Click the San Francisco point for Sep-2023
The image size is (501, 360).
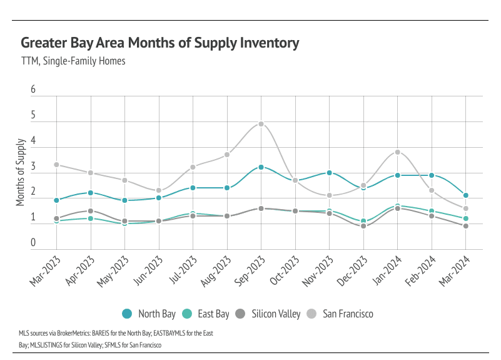(x=261, y=124)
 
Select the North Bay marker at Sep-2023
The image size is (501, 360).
(x=261, y=167)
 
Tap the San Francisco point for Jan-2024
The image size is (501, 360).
(x=397, y=152)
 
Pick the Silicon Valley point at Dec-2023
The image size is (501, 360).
(x=363, y=226)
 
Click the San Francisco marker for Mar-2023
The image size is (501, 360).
(x=56, y=165)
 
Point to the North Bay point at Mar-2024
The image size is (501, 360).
(x=465, y=195)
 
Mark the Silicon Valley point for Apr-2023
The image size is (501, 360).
(x=91, y=211)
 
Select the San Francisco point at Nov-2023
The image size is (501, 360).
(x=329, y=195)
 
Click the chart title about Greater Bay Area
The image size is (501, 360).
(x=160, y=43)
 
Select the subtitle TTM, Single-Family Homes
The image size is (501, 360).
(x=73, y=61)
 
